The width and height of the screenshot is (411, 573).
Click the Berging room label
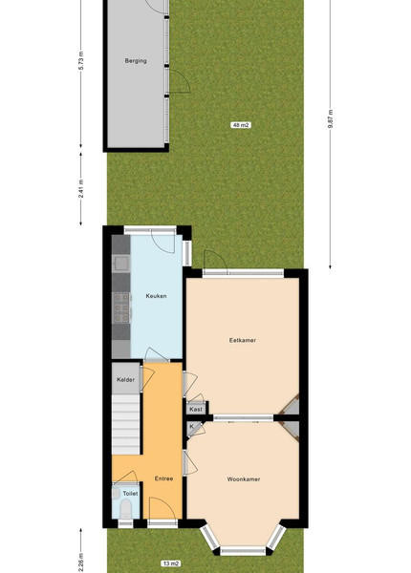136,61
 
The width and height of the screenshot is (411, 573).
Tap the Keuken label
156,296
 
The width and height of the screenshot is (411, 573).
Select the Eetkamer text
243,340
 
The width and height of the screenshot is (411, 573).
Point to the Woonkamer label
244,479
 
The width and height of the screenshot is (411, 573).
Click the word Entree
163,478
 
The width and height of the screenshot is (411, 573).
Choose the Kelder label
125,380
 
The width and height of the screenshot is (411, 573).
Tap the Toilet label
130,494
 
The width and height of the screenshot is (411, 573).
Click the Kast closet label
196,410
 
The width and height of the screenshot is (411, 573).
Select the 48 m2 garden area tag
241,125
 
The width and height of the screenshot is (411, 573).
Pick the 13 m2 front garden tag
171,563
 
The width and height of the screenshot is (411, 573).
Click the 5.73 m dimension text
81,60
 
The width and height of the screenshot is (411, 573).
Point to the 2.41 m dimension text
81,188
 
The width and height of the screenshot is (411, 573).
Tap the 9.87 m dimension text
331,118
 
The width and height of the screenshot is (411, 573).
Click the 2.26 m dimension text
81,562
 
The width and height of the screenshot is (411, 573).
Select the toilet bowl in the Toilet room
125,509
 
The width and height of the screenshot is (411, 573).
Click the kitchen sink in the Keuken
121,264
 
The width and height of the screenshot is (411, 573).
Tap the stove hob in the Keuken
121,308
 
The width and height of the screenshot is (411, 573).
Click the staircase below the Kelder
126,424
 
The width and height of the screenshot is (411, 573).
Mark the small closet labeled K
192,428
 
